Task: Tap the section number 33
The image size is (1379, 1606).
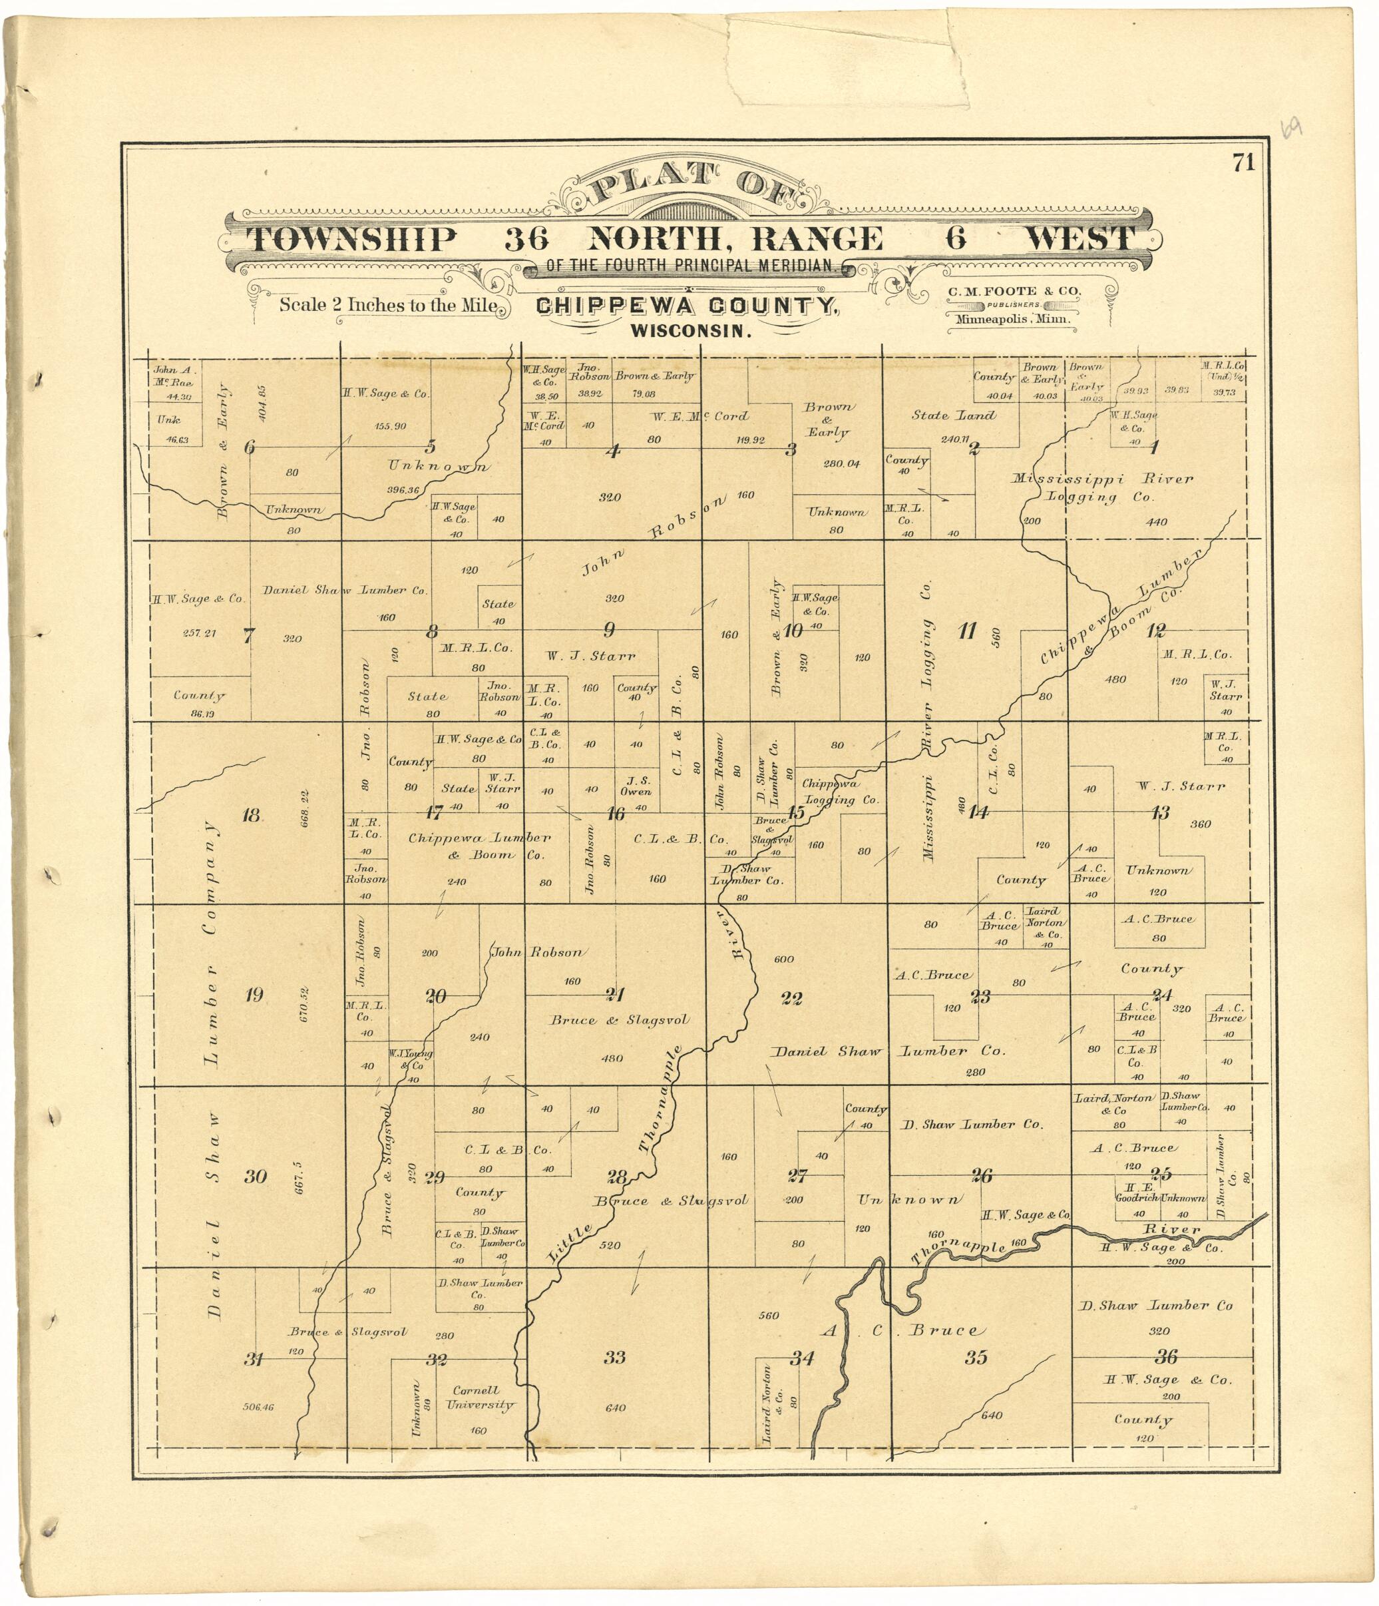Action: (615, 1356)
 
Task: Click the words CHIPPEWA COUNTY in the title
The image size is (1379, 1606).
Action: (686, 307)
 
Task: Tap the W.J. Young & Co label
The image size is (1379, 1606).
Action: (411, 1059)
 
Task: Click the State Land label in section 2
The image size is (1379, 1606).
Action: (953, 415)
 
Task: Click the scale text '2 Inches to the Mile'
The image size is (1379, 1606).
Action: (388, 304)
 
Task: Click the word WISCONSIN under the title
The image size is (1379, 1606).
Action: (691, 331)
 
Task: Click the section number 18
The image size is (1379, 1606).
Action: (250, 814)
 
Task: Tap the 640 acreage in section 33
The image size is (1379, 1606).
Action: (615, 1408)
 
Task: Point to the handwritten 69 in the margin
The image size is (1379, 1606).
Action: (1290, 128)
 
